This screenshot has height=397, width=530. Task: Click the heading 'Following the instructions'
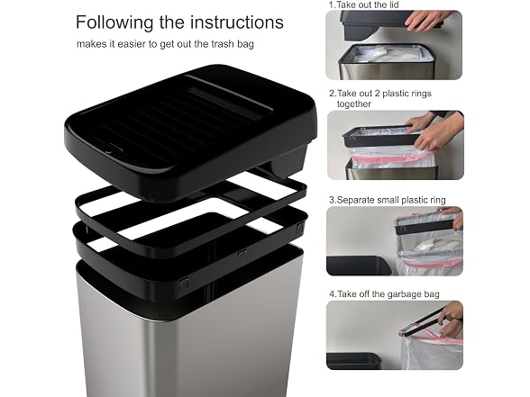pyautogui.click(x=179, y=23)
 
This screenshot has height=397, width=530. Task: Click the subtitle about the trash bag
pyautogui.click(x=165, y=44)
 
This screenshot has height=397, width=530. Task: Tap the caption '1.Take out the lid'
pyautogui.click(x=364, y=5)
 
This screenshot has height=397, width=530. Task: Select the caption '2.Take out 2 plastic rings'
pyautogui.click(x=380, y=94)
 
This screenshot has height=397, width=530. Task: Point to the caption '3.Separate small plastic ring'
pyautogui.click(x=388, y=200)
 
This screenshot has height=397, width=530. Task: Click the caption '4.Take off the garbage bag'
pyautogui.click(x=384, y=294)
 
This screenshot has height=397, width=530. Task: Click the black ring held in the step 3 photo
pyautogui.click(x=426, y=225)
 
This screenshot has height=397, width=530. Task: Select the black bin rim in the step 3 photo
pyautogui.click(x=359, y=265)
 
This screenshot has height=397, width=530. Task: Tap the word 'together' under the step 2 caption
pyautogui.click(x=354, y=104)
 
